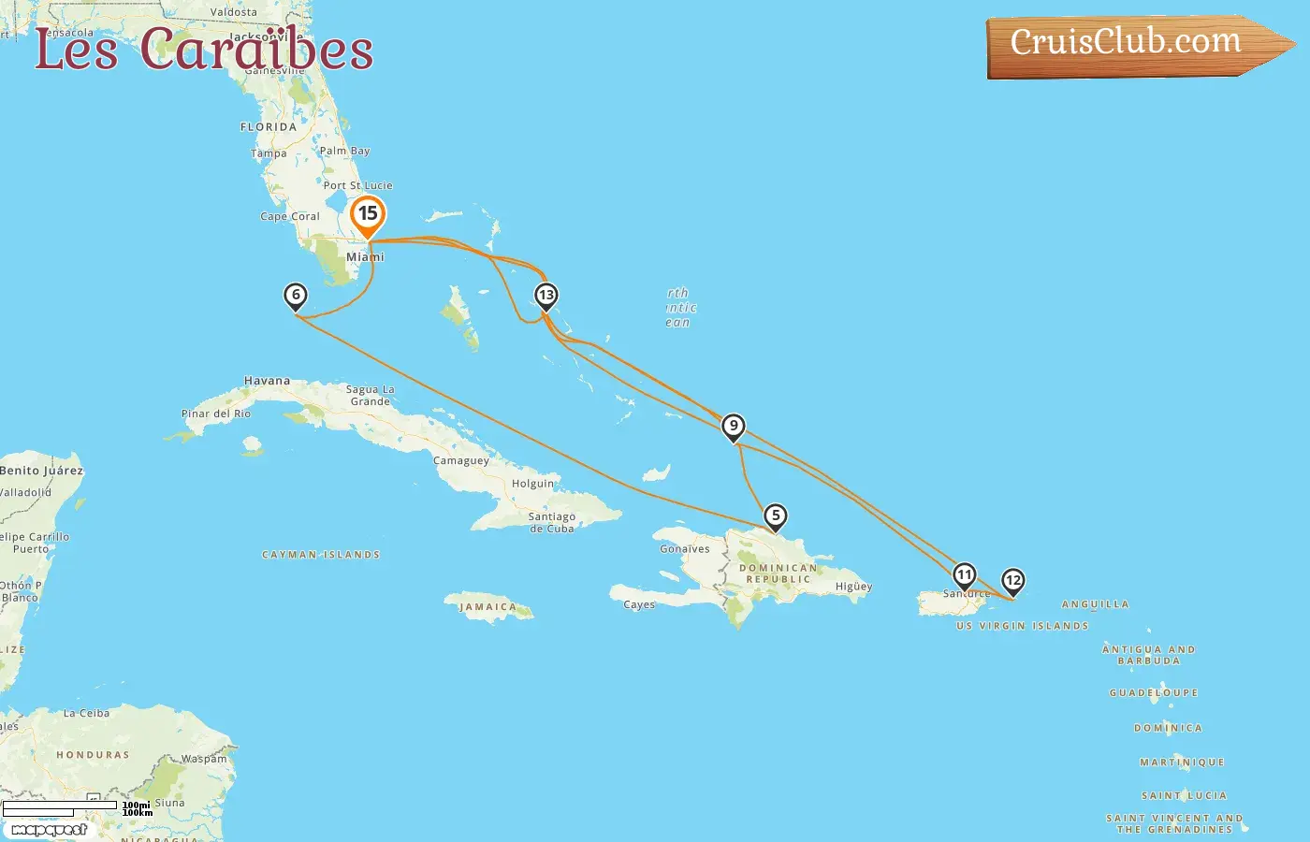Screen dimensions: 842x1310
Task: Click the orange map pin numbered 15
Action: tap(368, 215)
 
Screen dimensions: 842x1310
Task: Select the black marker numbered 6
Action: tap(296, 296)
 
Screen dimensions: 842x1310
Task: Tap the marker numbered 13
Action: tap(546, 296)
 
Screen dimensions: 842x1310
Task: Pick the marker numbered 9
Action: tap(734, 427)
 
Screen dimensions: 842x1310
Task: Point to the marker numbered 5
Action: tap(775, 515)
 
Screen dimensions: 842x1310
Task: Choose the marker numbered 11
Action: tap(964, 575)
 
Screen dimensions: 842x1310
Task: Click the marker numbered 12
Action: tap(1012, 581)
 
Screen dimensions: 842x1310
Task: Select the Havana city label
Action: tap(267, 381)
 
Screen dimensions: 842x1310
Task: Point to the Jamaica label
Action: tap(488, 607)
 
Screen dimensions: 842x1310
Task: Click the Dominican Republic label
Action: tap(779, 573)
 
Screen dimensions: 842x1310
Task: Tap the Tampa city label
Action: tap(269, 153)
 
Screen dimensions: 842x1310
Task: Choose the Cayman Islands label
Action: tap(321, 555)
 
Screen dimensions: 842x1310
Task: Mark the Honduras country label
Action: tap(93, 755)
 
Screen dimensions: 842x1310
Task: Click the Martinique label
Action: tap(1182, 762)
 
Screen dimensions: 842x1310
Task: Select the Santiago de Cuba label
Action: tap(551, 522)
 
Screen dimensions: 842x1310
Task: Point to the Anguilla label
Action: tap(1095, 604)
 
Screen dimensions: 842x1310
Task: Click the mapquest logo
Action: tap(50, 830)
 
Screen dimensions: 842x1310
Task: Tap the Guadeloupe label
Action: tap(1153, 693)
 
